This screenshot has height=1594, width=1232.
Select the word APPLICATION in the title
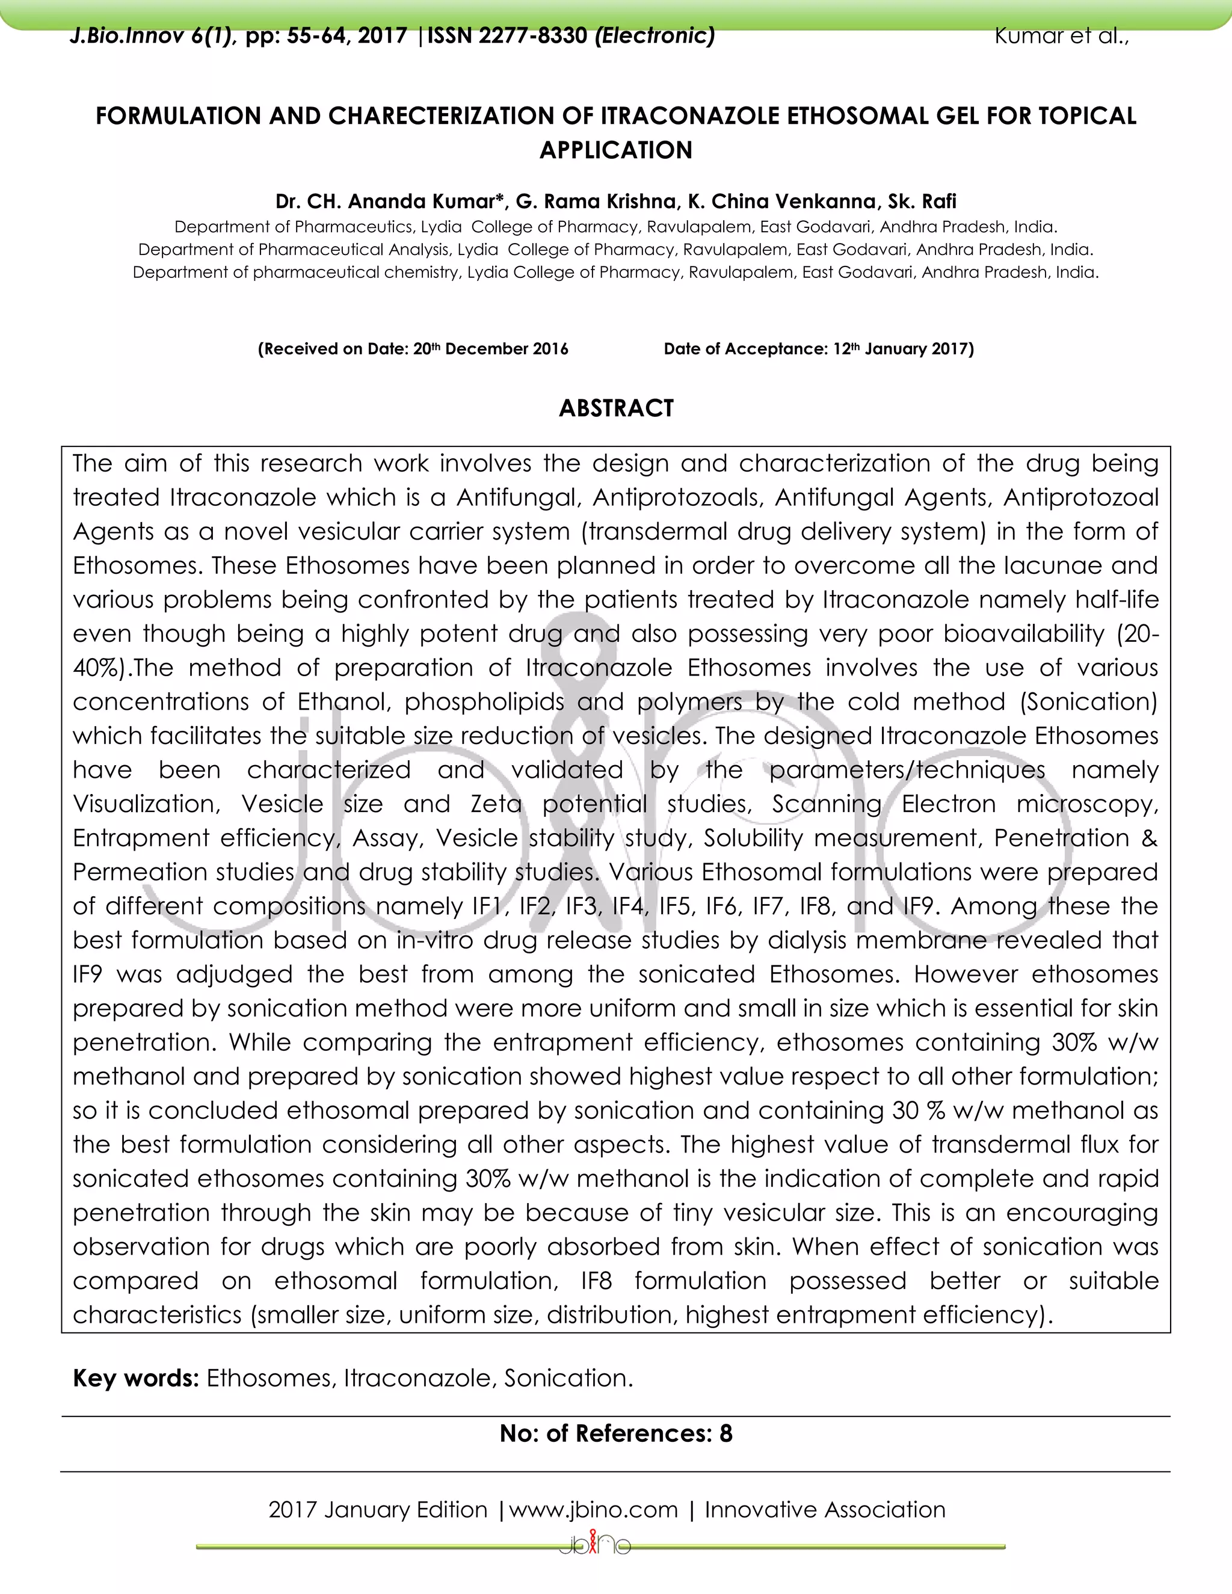pos(616,150)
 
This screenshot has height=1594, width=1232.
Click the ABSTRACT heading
pos(616,408)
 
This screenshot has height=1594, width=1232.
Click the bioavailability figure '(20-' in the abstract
pos(1137,633)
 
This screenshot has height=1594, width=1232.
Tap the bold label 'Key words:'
pos(136,1378)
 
